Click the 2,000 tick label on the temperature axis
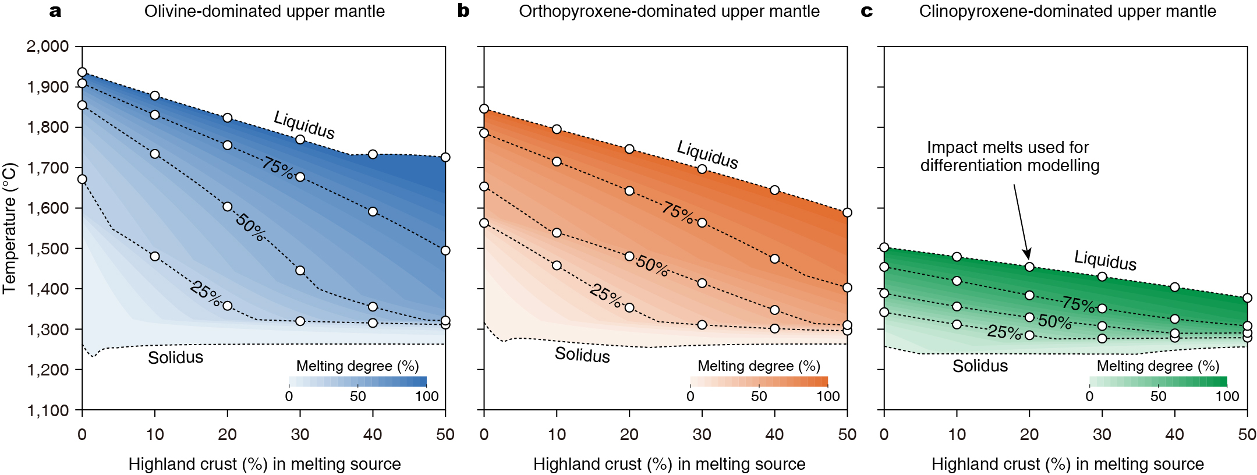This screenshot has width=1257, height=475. point(47,46)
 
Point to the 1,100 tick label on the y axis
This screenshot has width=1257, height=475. point(47,410)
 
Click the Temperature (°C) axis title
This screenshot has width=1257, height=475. point(9,228)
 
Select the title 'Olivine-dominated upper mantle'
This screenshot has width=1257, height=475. point(264,11)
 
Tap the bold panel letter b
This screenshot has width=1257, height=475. point(463,11)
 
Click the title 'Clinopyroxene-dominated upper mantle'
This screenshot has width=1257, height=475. point(1067,11)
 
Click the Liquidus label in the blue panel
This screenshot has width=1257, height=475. point(304,125)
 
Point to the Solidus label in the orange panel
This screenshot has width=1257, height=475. point(582,355)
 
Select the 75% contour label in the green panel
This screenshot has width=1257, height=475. point(1078,304)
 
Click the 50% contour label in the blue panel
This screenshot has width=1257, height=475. point(250,227)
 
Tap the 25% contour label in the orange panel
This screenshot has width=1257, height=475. point(606,295)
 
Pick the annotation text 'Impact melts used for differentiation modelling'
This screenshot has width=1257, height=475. point(1010,157)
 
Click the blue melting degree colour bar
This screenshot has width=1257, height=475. point(357,382)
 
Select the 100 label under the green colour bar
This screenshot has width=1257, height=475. point(1227,396)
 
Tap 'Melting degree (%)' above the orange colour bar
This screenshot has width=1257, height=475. point(759,366)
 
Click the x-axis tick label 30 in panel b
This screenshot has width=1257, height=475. point(702,434)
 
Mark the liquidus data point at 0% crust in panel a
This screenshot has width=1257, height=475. point(82,72)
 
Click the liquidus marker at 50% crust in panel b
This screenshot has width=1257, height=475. point(847,212)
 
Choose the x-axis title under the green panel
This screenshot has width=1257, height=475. point(1067,464)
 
